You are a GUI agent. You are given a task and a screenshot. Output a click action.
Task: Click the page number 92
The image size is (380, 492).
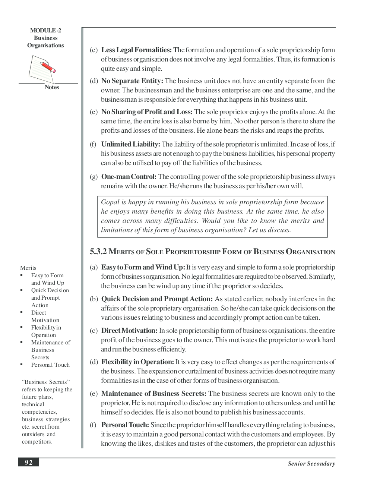pyautogui.click(x=29, y=463)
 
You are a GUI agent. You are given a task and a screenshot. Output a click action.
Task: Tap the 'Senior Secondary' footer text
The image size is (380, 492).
pyautogui.click(x=311, y=464)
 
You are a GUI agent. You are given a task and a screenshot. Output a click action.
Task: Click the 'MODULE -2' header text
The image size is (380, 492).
pyautogui.click(x=45, y=31)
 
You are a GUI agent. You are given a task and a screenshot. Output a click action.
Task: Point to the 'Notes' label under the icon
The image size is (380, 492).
pyautogui.click(x=52, y=87)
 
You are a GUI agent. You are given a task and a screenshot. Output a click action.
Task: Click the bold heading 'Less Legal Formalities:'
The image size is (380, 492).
pyautogui.click(x=136, y=50)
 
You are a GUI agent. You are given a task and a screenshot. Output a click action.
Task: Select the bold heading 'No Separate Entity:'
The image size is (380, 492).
pyautogui.click(x=132, y=81)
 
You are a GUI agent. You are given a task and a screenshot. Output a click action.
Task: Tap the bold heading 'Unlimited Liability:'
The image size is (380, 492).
pyautogui.click(x=130, y=144)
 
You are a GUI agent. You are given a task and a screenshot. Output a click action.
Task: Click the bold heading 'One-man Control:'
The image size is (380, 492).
pyautogui.click(x=129, y=177)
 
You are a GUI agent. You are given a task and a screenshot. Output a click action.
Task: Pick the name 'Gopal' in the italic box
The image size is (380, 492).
pyautogui.click(x=110, y=202)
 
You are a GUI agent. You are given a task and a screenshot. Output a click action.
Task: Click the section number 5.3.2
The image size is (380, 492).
pyautogui.click(x=98, y=252)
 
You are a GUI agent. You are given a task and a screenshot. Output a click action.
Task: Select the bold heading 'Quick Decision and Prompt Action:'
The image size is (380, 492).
pyautogui.click(x=157, y=299)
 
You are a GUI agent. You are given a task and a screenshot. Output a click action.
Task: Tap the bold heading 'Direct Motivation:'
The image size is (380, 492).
pyautogui.click(x=129, y=331)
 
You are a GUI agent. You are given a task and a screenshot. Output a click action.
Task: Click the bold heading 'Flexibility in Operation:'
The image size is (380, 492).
pyautogui.click(x=137, y=362)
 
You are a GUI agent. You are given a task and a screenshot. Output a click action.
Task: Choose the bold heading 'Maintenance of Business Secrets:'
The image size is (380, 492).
pyautogui.click(x=153, y=394)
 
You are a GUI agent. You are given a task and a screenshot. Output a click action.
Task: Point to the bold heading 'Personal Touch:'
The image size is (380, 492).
pyautogui.click(x=125, y=425)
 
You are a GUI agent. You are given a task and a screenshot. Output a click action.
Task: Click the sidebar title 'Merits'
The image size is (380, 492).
pyautogui.click(x=28, y=268)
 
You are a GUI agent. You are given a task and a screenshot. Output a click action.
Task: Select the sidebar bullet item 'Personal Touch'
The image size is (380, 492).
pyautogui.click(x=50, y=365)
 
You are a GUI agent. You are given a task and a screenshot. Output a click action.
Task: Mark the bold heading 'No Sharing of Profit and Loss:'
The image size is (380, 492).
pyautogui.click(x=147, y=112)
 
